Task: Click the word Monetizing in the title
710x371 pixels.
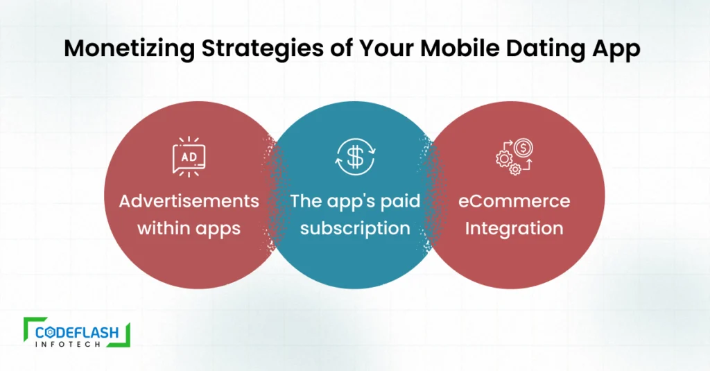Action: (x=130, y=49)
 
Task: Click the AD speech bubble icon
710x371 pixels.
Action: (x=189, y=157)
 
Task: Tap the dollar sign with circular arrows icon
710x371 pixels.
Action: (x=355, y=157)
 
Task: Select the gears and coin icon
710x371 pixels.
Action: (x=514, y=157)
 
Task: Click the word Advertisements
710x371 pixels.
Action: (x=189, y=200)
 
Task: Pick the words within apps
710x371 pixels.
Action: (x=189, y=229)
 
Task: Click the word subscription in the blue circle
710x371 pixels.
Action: (x=355, y=228)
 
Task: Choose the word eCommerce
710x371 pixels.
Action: (x=514, y=200)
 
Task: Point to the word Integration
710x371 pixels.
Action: (x=514, y=229)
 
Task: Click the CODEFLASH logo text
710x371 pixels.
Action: (x=77, y=332)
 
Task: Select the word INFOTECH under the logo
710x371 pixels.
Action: (x=68, y=344)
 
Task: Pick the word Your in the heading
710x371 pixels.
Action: (x=386, y=48)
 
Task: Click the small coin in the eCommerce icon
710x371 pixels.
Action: (x=523, y=148)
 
